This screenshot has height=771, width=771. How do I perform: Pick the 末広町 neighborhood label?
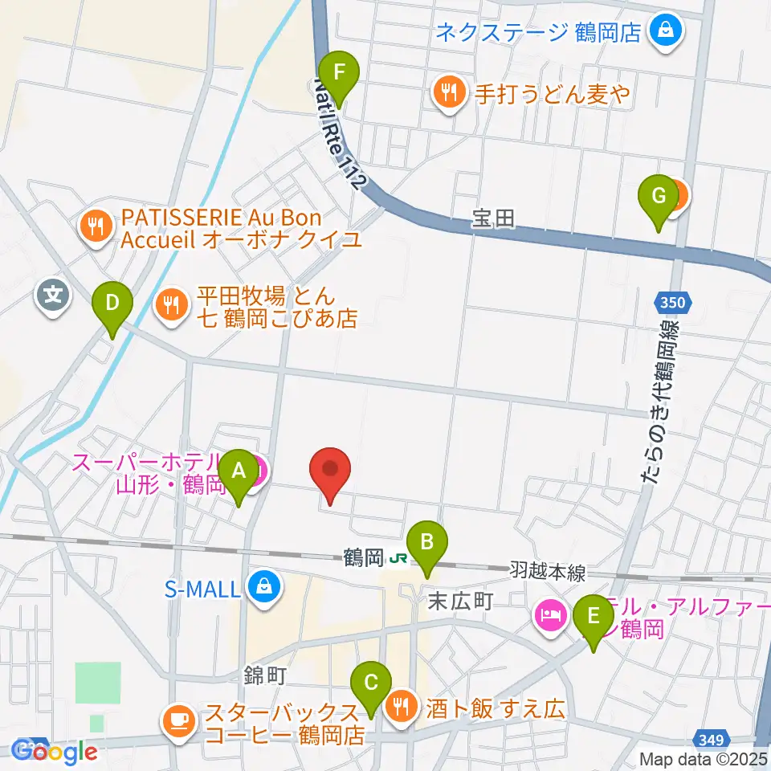pyautogui.click(x=459, y=600)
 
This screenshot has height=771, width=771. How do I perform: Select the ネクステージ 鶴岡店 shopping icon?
pyautogui.click(x=666, y=33)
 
